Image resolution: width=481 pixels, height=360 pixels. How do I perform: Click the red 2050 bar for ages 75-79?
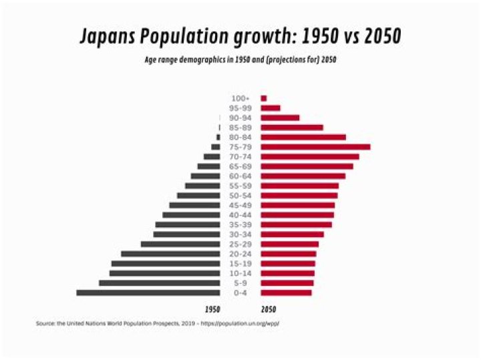[315, 147]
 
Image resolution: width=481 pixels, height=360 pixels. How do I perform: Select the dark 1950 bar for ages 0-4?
[148, 293]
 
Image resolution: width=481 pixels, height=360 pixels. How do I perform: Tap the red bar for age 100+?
[264, 98]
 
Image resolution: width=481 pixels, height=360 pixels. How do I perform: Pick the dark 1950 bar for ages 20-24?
[170, 254]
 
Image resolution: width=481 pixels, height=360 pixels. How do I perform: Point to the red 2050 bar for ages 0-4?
[286, 293]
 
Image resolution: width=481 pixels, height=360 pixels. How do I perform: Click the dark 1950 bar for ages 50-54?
[198, 196]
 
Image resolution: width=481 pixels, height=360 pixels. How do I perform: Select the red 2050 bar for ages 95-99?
[271, 108]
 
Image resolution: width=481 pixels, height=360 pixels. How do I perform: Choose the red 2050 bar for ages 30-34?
[292, 234]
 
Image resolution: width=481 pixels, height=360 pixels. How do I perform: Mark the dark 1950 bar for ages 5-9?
[160, 283]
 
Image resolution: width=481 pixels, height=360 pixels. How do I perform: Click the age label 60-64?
[240, 176]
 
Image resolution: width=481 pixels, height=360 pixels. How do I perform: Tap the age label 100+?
[240, 98]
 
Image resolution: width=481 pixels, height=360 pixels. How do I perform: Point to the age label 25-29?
[240, 244]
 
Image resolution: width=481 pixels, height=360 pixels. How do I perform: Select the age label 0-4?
[240, 293]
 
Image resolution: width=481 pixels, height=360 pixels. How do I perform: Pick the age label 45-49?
[240, 206]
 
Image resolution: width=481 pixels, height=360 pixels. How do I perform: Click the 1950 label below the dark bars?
[212, 310]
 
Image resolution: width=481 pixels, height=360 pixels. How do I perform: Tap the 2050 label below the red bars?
[269, 310]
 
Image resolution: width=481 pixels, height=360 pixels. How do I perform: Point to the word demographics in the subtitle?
[202, 59]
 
